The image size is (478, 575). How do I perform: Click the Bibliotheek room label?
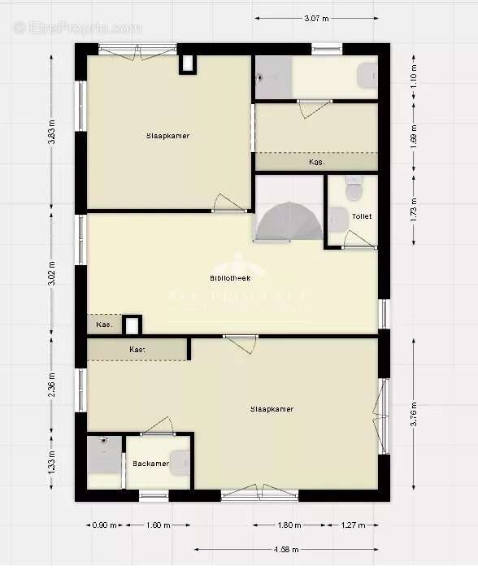pyautogui.click(x=230, y=278)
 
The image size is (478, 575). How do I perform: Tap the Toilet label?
pyautogui.click(x=362, y=216)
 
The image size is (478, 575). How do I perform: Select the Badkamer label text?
pyautogui.click(x=150, y=464)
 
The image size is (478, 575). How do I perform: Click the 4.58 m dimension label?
pyautogui.click(x=287, y=550)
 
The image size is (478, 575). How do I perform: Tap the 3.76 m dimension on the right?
pyautogui.click(x=414, y=415)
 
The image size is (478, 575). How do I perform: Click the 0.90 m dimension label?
pyautogui.click(x=99, y=525)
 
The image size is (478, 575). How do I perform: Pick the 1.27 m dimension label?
pyautogui.click(x=353, y=525)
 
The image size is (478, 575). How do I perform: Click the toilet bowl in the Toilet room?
pyautogui.click(x=354, y=189)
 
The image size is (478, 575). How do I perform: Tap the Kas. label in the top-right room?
pyautogui.click(x=316, y=163)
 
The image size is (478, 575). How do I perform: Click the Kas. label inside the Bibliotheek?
pyautogui.click(x=103, y=325)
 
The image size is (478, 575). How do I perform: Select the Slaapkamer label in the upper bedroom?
pyautogui.click(x=167, y=136)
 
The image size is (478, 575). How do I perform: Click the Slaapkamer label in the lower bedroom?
pyautogui.click(x=272, y=409)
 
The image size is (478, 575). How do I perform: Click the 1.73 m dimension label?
pyautogui.click(x=414, y=210)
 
